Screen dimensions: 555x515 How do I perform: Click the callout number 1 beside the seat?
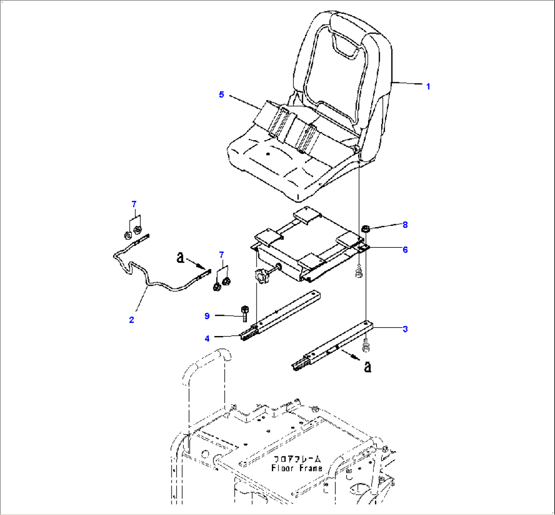[428, 87]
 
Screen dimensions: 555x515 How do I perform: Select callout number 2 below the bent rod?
[132, 320]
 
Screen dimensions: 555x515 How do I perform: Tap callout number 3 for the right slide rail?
[405, 329]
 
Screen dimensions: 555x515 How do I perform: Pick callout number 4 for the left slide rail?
[207, 339]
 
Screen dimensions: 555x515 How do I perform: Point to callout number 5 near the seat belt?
[221, 94]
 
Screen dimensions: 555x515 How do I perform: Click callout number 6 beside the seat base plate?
[405, 249]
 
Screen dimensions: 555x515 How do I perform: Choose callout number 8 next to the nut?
[405, 224]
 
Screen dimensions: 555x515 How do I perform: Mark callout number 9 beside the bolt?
[207, 316]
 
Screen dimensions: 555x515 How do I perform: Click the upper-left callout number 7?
[134, 204]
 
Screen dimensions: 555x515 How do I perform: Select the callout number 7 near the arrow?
[221, 254]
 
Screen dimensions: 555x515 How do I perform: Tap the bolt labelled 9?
[244, 313]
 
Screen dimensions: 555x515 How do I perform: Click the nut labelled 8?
[366, 229]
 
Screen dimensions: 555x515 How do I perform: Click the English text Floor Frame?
[297, 468]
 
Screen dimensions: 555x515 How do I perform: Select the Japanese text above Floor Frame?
[297, 459]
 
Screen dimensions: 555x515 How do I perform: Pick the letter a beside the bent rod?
[181, 257]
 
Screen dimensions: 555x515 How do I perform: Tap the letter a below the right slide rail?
[368, 367]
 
